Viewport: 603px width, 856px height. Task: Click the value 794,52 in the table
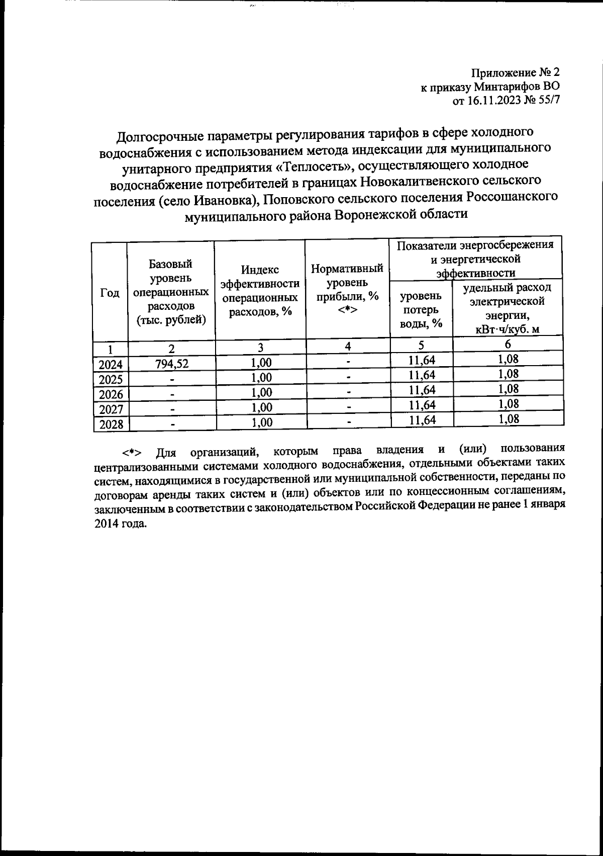[x=172, y=364]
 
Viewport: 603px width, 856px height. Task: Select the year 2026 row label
[x=111, y=394]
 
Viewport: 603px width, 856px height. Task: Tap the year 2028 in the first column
[x=111, y=424]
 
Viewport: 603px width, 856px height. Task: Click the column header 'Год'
[x=110, y=293]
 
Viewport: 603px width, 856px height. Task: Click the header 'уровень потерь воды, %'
[x=421, y=309]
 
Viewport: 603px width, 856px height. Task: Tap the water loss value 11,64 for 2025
[x=422, y=375]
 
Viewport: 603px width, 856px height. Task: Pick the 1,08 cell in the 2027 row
[x=508, y=404]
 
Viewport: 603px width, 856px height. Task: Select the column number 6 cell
[x=508, y=345]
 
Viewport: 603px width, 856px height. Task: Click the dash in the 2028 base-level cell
[x=172, y=425]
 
